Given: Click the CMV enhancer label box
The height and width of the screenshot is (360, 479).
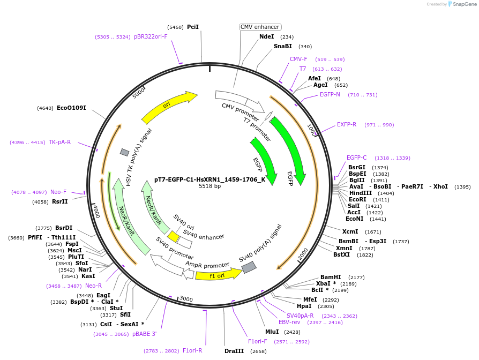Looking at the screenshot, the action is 260,27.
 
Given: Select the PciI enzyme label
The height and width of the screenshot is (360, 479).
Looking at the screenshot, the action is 193,27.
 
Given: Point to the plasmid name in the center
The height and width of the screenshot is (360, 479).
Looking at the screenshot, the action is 209,179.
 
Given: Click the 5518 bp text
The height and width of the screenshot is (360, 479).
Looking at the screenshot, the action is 209,186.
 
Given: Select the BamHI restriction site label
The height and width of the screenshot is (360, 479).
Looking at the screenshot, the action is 331,277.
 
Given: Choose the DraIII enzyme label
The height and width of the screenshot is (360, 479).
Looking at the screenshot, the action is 234,351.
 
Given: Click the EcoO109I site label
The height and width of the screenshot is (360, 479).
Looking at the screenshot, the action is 71,108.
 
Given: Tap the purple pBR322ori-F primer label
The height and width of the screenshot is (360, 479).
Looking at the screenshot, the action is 151,37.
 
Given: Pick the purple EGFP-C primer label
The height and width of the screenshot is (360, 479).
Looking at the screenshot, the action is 356,157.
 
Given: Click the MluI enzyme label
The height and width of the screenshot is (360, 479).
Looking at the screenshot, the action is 272,332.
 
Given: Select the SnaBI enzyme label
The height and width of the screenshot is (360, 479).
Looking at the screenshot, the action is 282,46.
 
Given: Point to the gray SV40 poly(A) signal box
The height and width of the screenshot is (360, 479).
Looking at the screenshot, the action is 249,267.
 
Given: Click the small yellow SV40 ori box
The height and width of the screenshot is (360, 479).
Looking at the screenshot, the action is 173,236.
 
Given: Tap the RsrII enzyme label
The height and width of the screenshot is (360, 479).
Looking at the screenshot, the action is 60,202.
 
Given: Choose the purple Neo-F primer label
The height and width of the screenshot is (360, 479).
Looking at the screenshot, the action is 58,192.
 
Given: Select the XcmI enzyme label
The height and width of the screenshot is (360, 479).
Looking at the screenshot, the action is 350,232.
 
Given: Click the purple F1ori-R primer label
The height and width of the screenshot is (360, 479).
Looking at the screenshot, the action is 192,350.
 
